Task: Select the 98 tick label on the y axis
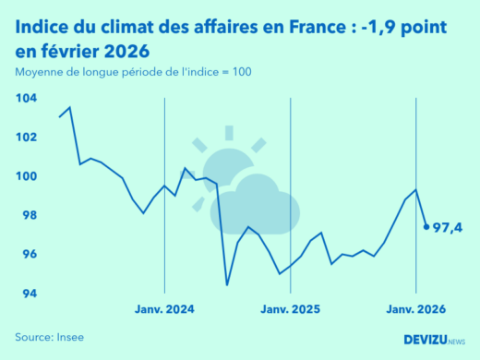28,215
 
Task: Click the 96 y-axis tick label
28,255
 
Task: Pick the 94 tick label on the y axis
28,294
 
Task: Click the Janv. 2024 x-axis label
164,311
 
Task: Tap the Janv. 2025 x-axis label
290,311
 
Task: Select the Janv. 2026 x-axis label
415,311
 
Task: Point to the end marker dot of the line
426,226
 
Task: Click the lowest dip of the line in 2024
227,284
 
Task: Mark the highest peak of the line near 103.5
70,108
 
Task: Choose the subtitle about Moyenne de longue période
132,72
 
